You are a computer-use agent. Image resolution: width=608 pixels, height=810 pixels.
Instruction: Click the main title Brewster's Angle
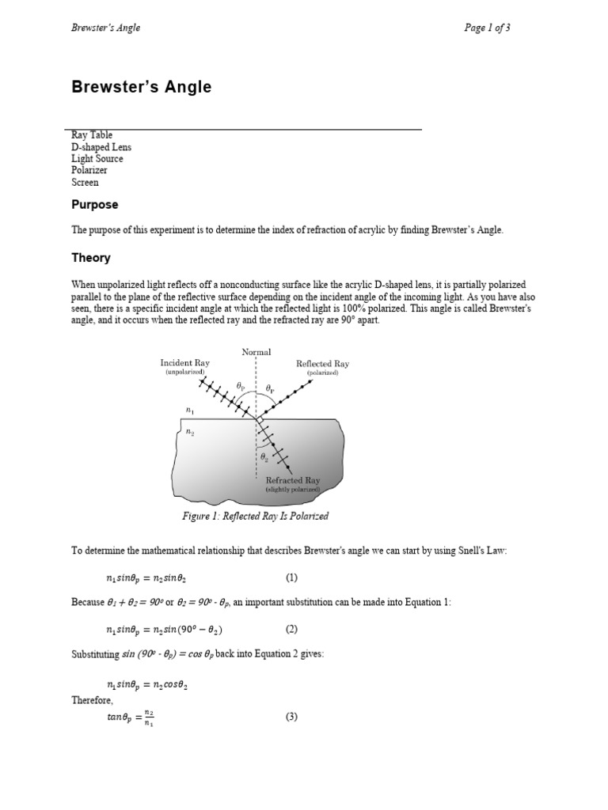[142, 88]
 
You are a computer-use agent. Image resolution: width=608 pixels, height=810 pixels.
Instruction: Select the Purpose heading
[95, 205]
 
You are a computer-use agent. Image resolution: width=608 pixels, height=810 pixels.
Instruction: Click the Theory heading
[91, 258]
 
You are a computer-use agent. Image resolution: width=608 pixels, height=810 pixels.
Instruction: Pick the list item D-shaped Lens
[101, 147]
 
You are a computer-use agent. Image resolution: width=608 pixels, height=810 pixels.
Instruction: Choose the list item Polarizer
[89, 170]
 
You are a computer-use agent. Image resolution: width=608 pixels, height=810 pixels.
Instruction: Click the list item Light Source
[97, 159]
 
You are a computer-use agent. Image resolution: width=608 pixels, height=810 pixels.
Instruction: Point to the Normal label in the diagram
[256, 352]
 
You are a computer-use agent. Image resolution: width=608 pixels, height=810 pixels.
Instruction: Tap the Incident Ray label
[184, 363]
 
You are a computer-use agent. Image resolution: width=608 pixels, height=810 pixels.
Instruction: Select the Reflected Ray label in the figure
[322, 364]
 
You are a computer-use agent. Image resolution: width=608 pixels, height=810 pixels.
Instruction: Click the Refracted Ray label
[292, 480]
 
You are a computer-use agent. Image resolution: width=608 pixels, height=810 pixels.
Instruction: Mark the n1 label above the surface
[189, 410]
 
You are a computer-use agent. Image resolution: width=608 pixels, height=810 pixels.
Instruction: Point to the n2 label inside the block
[190, 432]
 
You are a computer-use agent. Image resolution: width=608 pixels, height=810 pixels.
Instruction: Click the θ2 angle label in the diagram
[264, 458]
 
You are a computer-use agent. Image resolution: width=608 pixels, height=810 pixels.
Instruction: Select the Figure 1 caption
[255, 517]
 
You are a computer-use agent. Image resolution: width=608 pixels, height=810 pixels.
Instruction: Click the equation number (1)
[291, 577]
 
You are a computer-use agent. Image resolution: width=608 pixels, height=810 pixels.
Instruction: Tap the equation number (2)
[291, 630]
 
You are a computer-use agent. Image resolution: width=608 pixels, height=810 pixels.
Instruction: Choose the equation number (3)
[291, 717]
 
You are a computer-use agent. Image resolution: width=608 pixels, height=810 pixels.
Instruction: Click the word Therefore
[93, 701]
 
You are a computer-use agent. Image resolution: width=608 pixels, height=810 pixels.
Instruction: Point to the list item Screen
[85, 182]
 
